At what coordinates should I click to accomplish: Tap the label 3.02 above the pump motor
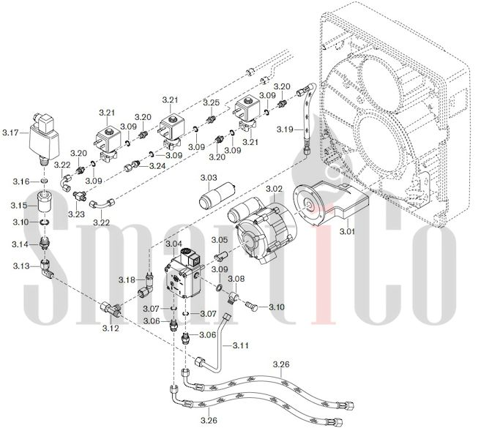274,189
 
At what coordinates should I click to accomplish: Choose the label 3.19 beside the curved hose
286,130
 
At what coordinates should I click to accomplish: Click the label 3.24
157,167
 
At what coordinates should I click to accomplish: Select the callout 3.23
75,214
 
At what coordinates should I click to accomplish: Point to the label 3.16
20,181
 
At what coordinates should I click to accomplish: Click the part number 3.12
111,328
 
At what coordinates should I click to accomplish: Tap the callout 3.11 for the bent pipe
242,344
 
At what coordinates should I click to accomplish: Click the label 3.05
219,240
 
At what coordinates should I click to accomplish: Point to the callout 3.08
236,279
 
